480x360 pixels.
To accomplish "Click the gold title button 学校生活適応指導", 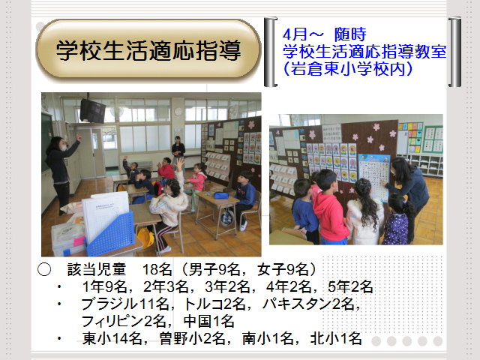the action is pyautogui.click(x=148, y=50).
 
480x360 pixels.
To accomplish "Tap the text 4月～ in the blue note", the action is pyautogui.click(x=303, y=34).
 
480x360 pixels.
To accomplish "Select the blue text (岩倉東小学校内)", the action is pyautogui.click(x=348, y=68).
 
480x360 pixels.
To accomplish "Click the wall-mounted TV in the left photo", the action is pyautogui.click(x=92, y=110).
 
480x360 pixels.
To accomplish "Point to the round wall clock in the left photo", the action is pyautogui.click(x=178, y=112).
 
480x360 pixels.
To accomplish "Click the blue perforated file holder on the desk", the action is pyautogui.click(x=110, y=233).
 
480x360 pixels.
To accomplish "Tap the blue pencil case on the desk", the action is pyautogui.click(x=220, y=195).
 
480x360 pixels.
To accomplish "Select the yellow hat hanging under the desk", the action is pyautogui.click(x=145, y=237).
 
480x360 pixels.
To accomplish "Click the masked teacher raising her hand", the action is pyautogui.click(x=61, y=172).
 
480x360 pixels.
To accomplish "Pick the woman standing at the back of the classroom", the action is pyautogui.click(x=178, y=151).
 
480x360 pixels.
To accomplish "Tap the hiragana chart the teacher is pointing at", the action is pyautogui.click(x=374, y=177).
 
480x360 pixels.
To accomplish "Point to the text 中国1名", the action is pyautogui.click(x=208, y=322).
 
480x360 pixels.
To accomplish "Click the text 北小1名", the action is pyautogui.click(x=336, y=338).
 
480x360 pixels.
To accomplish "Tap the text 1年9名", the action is pyautogui.click(x=104, y=286).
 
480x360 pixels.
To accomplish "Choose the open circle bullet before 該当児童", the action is pyautogui.click(x=44, y=270).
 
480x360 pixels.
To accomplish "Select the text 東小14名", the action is pyautogui.click(x=112, y=338).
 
